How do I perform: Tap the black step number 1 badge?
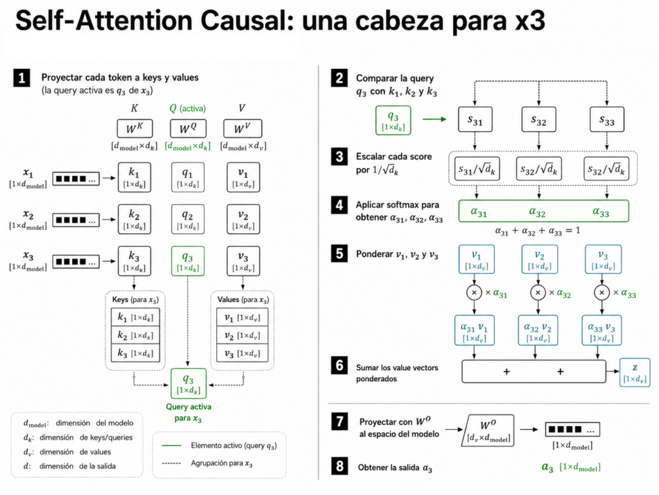point(22,78)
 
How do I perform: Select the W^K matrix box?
point(135,128)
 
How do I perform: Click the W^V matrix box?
point(243,128)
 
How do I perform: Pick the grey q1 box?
point(188,177)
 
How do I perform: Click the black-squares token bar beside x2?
point(76,219)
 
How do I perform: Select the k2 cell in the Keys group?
point(135,335)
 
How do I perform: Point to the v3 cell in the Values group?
point(242,353)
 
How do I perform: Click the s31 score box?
point(475,120)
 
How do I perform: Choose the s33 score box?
point(606,120)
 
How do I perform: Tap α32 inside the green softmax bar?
point(537,212)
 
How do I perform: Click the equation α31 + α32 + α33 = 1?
point(537,230)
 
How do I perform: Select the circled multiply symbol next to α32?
point(538,292)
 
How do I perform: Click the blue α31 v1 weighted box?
point(474,330)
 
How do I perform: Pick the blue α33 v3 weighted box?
point(602,330)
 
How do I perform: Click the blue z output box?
point(635,372)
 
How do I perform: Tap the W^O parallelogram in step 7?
point(488,431)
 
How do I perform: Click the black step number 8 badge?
point(339,466)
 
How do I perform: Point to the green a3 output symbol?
point(547,467)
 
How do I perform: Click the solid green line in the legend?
point(171,445)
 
